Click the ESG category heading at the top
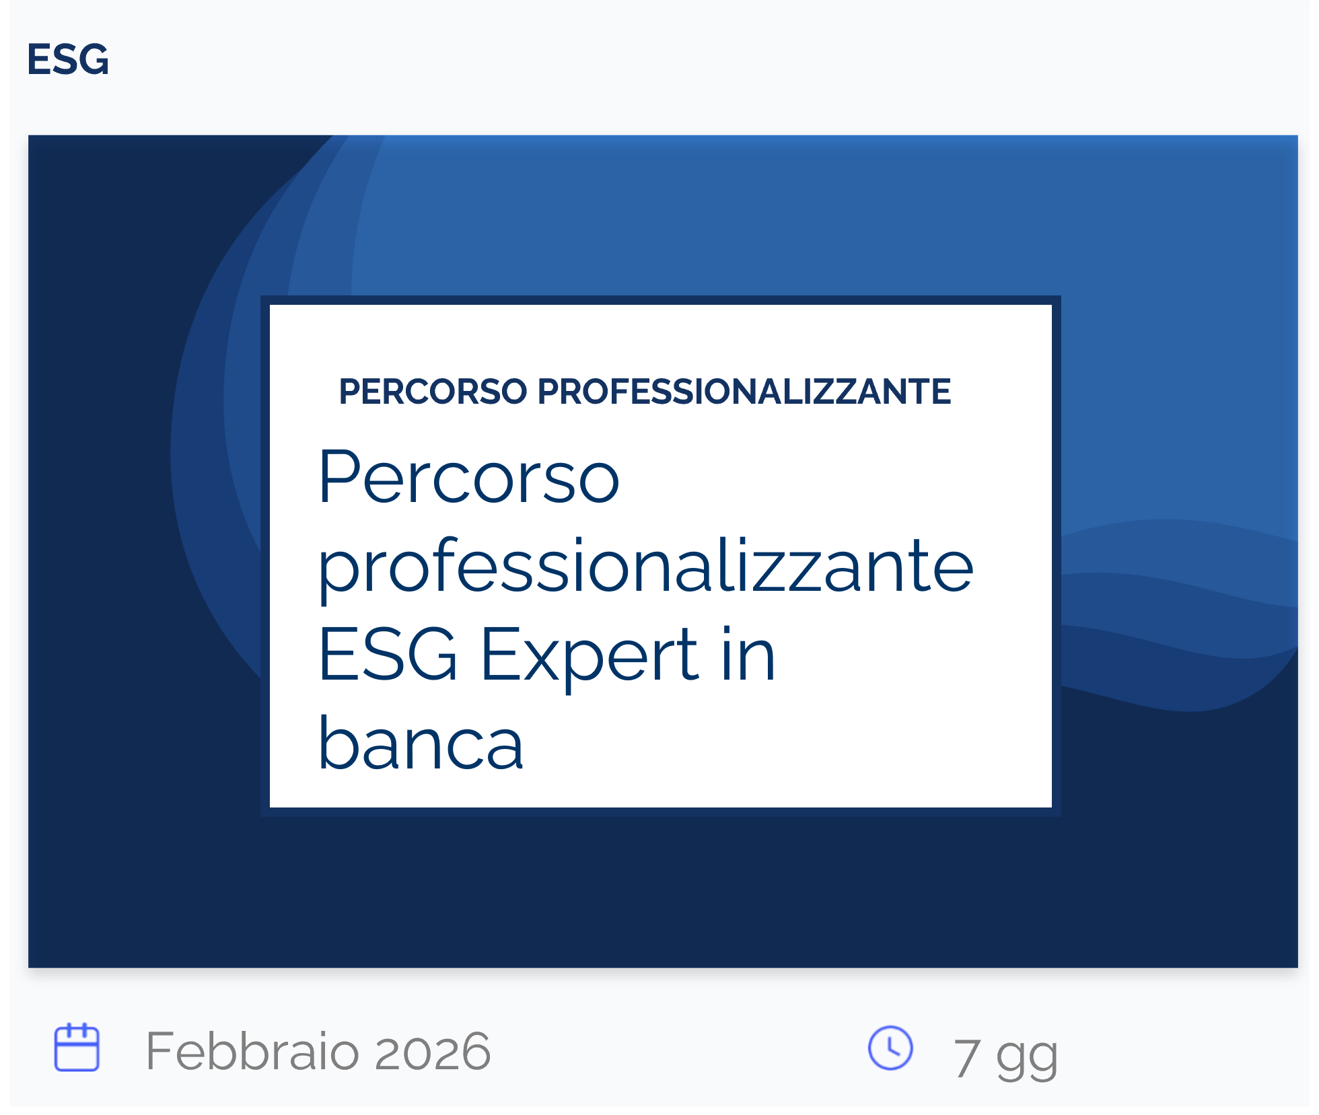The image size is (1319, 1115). point(68,59)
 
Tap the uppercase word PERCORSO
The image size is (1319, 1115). point(433,392)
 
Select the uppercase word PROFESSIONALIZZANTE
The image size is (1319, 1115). point(744,392)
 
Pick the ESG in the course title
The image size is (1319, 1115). point(388,654)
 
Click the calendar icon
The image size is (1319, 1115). point(77,1047)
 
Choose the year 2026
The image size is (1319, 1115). point(433,1052)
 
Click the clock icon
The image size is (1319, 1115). point(890,1048)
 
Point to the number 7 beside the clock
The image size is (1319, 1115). point(966,1058)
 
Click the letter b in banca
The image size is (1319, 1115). point(339,742)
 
